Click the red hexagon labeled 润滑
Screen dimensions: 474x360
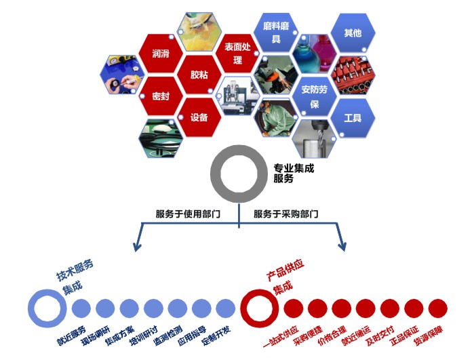161,54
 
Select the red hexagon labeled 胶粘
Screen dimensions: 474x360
199,75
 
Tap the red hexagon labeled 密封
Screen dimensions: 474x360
161,96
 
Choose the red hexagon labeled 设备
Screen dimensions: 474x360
199,117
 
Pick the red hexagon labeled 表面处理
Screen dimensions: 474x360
237,53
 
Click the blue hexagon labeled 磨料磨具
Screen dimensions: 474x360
276,32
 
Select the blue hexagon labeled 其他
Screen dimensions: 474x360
353,33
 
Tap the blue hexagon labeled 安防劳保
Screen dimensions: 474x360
315,96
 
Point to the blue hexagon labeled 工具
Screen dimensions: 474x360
353,118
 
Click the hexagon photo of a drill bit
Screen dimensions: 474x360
315,139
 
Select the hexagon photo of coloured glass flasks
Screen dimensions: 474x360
315,54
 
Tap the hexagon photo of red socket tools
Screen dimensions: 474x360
353,75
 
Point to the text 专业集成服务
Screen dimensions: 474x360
294,173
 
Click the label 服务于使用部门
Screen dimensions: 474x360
188,214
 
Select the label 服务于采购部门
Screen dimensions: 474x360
286,214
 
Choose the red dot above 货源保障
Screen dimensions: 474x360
438,308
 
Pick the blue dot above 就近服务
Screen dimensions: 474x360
81,308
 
